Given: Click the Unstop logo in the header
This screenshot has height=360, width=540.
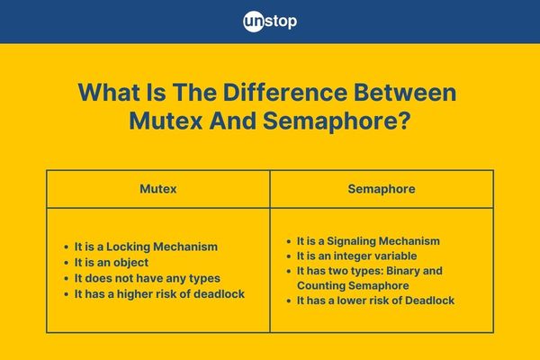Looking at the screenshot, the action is [270, 22].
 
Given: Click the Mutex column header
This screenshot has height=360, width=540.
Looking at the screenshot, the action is [158, 189].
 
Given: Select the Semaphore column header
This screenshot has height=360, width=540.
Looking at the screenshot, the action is [382, 189].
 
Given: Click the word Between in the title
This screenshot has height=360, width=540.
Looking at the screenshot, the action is [405, 92].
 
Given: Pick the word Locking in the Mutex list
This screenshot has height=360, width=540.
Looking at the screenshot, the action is [128, 247].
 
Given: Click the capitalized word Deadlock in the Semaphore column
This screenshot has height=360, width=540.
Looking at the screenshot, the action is [429, 301].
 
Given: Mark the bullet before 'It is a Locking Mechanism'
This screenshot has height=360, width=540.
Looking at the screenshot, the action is [66, 247].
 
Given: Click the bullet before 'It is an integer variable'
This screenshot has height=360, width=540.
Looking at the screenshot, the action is [289, 256].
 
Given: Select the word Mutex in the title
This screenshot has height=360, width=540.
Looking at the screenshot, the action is [166, 121].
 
